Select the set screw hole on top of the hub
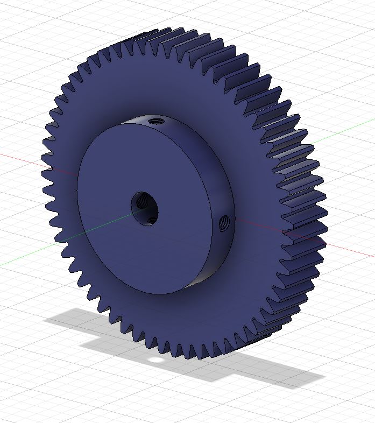[x=157, y=121]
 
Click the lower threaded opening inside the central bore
[x=152, y=219]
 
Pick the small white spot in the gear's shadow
[x=155, y=359]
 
